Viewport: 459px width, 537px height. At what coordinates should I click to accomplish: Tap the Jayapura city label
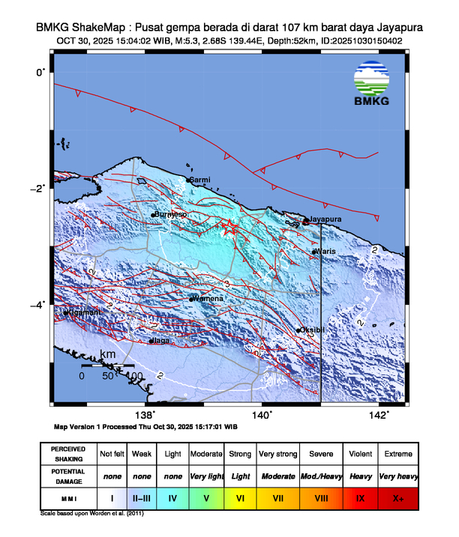325,219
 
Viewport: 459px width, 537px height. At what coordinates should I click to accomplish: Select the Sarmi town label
201,180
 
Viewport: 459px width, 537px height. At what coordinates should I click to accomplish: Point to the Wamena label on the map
208,298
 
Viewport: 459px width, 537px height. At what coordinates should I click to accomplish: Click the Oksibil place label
313,330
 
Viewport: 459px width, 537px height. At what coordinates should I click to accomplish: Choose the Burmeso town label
171,214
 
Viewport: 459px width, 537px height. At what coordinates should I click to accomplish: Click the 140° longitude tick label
262,416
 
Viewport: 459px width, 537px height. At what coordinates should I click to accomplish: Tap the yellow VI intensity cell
239,497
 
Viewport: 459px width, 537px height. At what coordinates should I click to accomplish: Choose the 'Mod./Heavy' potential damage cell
321,476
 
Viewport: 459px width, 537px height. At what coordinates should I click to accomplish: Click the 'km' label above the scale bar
108,354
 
